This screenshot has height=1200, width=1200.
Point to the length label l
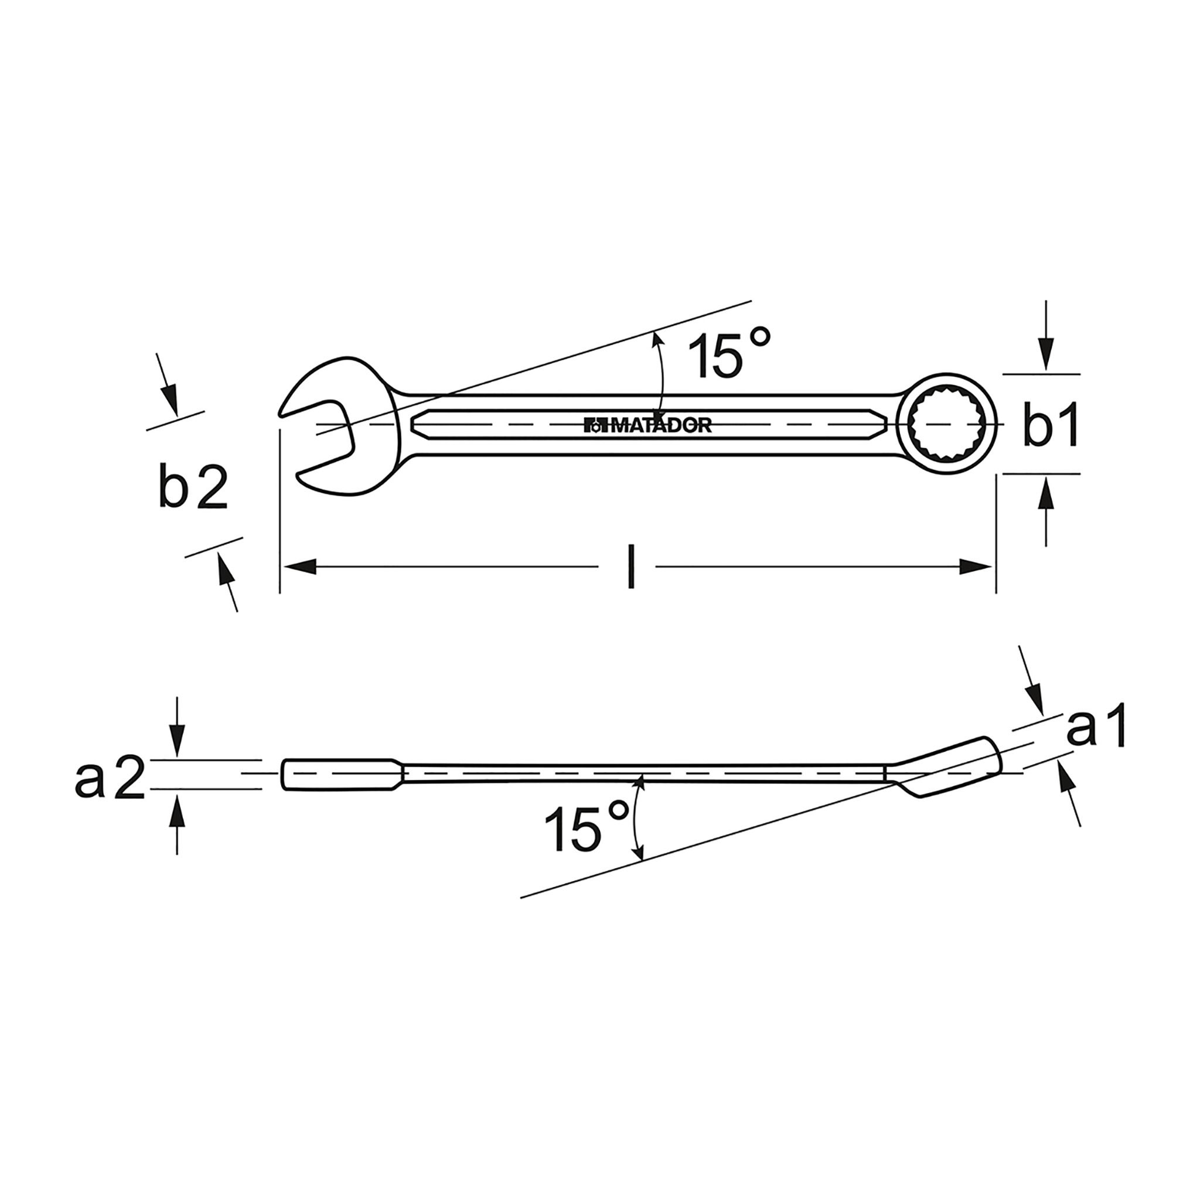tap(631, 566)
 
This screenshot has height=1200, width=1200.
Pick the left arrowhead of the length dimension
tap(301, 567)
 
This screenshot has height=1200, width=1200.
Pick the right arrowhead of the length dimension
tap(975, 567)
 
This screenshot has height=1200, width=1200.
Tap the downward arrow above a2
tap(177, 742)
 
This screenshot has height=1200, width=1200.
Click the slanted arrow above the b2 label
tap(168, 393)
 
